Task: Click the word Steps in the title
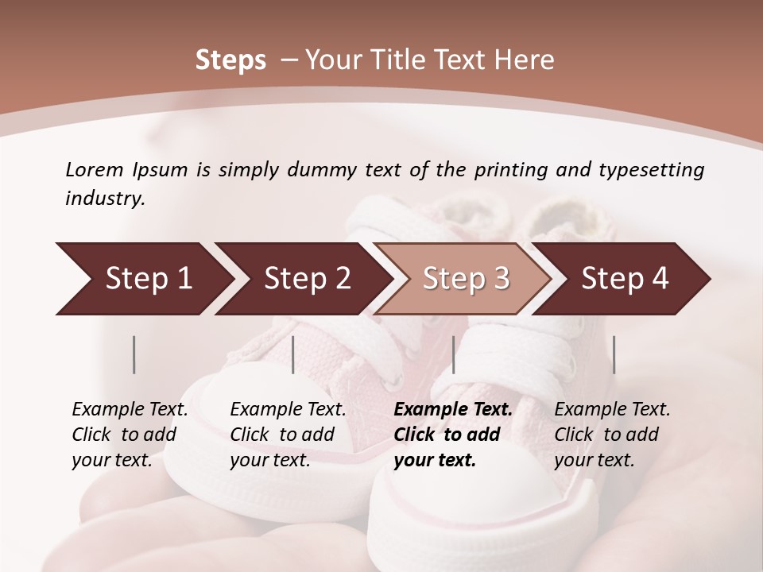(x=230, y=60)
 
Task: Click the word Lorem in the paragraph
(x=94, y=169)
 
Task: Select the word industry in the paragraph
(x=104, y=198)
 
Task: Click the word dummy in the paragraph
(x=322, y=169)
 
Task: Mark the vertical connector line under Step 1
(x=134, y=354)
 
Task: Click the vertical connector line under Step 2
(x=293, y=354)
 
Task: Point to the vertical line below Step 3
(x=454, y=354)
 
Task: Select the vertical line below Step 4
(x=614, y=354)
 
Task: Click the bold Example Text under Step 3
(x=453, y=409)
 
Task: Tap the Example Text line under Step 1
(x=130, y=409)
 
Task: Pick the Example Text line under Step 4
(x=612, y=409)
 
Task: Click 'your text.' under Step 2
(x=269, y=460)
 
